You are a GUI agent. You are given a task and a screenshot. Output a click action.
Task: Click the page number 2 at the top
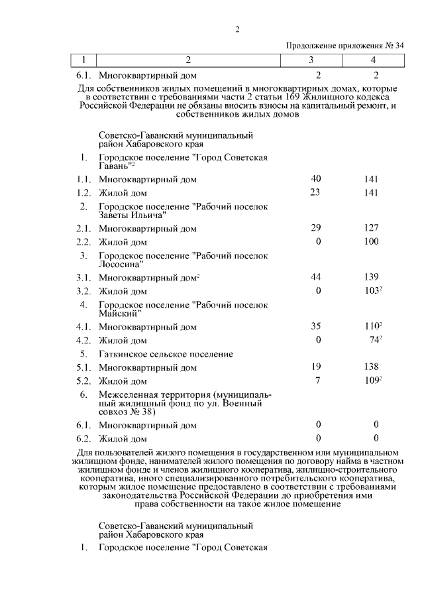[x=237, y=29]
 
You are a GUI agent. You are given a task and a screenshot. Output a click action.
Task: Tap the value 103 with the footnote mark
[x=372, y=290]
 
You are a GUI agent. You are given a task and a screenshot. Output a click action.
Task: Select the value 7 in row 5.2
[x=318, y=381]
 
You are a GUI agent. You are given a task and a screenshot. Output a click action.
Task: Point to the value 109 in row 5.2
[x=372, y=381]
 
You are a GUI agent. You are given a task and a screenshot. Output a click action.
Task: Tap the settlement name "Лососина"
[x=120, y=264]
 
